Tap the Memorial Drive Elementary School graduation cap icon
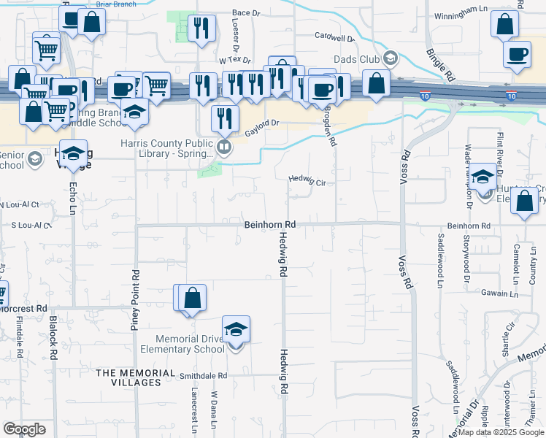[x=236, y=331]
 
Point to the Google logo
[x=24, y=429]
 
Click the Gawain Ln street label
[x=499, y=294]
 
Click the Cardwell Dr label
[x=334, y=36]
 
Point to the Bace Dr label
[x=246, y=13]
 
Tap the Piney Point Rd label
[x=135, y=301]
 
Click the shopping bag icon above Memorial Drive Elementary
[x=192, y=298]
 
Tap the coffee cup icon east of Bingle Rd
[x=517, y=54]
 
